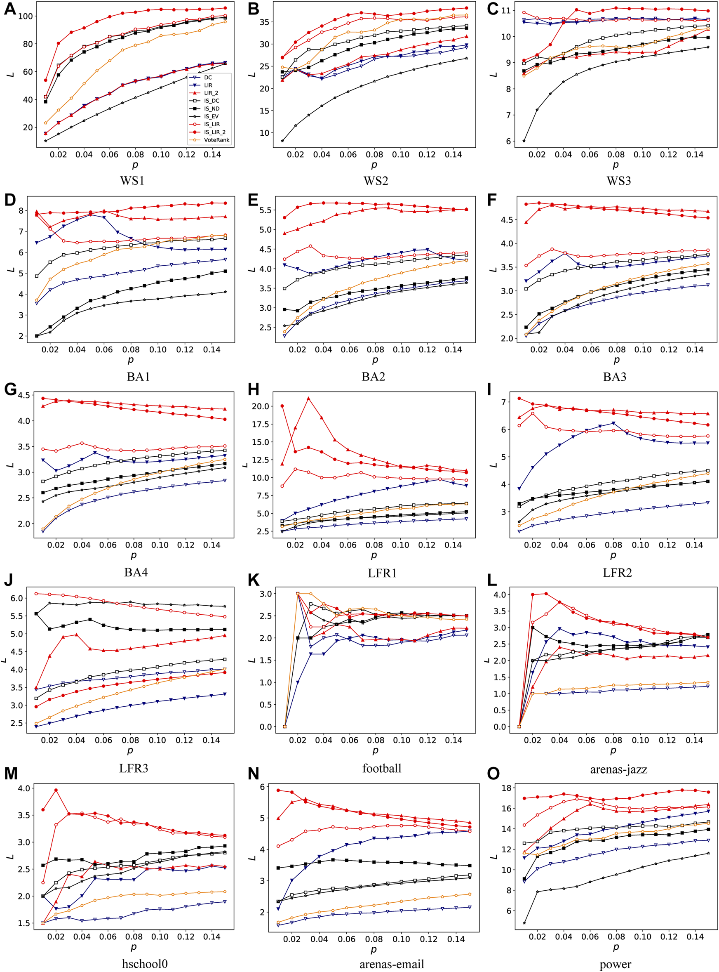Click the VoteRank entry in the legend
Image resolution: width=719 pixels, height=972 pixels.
tap(217, 140)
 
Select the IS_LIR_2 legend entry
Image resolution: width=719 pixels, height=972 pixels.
tap(214, 132)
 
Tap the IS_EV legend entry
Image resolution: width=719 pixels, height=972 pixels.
tap(211, 116)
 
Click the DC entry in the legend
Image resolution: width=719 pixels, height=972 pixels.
tap(208, 78)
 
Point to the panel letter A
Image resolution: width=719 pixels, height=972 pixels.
tap(10, 9)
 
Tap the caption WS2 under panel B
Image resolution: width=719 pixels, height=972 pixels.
tap(376, 180)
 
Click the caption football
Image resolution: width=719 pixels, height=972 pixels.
tap(382, 768)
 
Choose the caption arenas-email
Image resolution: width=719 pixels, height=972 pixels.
tap(391, 964)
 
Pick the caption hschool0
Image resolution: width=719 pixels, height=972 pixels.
tap(144, 964)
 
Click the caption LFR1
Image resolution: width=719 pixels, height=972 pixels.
tap(382, 573)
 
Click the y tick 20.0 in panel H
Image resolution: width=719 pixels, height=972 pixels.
tap(260, 406)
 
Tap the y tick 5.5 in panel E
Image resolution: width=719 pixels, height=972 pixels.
tap(265, 210)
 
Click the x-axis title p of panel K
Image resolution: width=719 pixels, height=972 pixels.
tap(375, 750)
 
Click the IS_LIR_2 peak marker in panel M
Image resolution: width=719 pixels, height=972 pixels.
tap(56, 790)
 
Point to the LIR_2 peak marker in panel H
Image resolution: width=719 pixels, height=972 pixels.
tap(308, 398)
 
